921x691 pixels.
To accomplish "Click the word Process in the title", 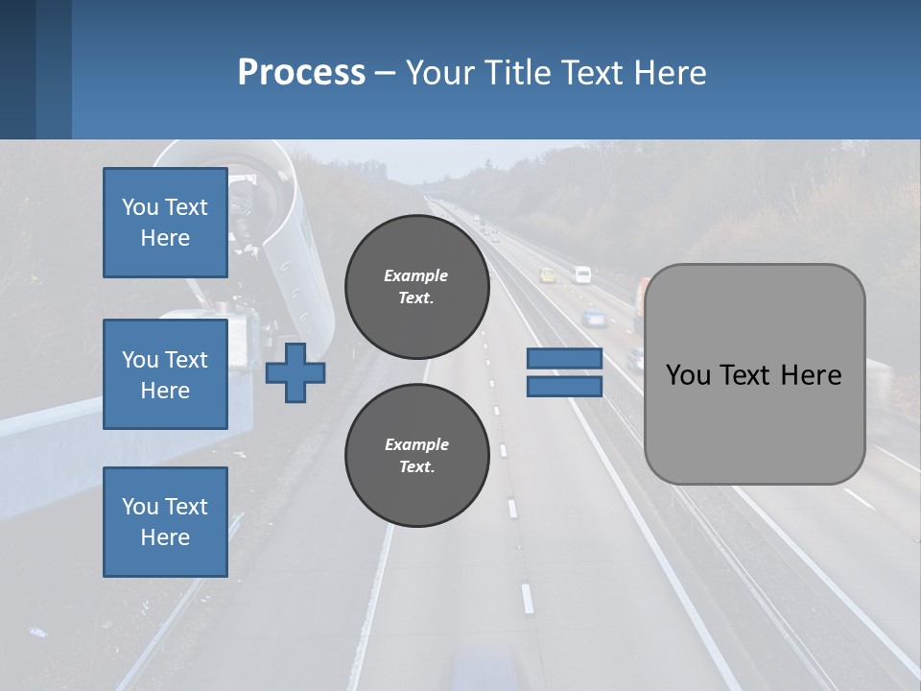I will [301, 73].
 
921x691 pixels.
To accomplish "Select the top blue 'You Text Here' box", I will [165, 223].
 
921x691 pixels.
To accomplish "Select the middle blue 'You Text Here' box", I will [165, 374].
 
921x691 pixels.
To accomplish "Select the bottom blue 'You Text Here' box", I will [165, 522].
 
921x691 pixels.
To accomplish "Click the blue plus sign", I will [295, 372].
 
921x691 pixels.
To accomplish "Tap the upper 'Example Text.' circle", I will [416, 287].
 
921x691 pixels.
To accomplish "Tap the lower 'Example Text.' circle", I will [416, 456].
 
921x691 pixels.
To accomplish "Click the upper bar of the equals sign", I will [564, 358].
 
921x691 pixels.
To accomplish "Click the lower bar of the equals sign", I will [564, 386].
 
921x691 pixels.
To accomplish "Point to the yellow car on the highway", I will [548, 275].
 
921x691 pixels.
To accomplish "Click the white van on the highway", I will [582, 274].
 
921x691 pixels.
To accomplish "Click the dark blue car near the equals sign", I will [595, 318].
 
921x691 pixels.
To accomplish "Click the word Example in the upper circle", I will [416, 275].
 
